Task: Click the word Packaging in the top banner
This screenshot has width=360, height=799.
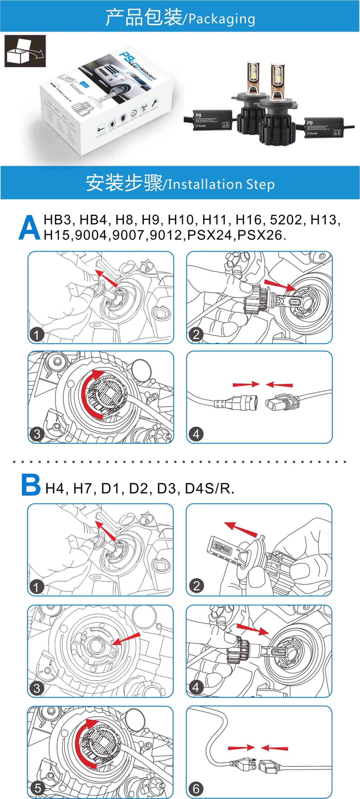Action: click(222, 19)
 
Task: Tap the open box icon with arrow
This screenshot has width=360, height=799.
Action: click(25, 51)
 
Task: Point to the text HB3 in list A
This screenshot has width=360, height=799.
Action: click(57, 220)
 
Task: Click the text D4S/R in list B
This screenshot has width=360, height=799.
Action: click(208, 488)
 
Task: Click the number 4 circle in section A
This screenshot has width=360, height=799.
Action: click(196, 434)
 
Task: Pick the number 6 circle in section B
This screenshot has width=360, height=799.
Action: click(196, 788)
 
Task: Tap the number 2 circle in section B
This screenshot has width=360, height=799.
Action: click(196, 586)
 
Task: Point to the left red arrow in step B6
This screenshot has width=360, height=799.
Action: click(241, 748)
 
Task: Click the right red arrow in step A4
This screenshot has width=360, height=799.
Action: click(279, 385)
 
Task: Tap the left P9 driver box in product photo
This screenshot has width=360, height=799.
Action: click(211, 120)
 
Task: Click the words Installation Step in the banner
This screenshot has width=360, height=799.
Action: click(221, 184)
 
